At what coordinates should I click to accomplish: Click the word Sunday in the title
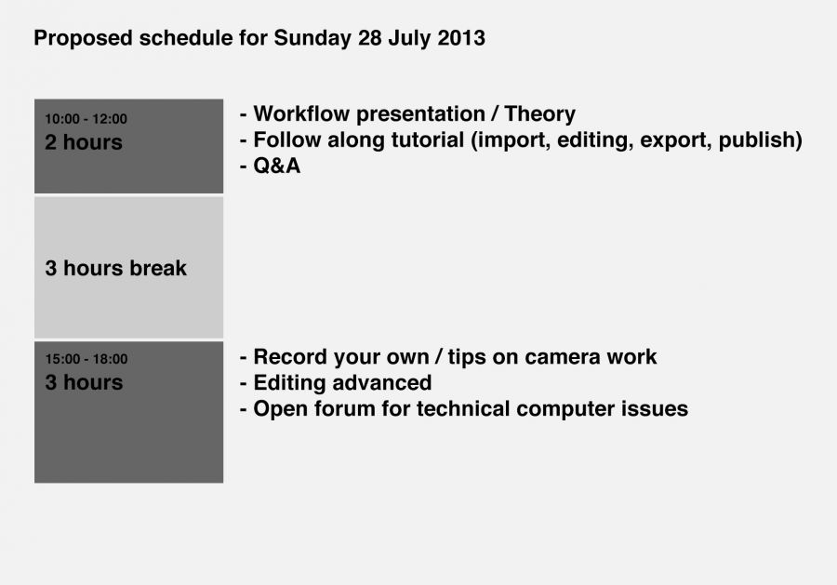point(312,39)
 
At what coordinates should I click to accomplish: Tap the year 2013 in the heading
point(461,38)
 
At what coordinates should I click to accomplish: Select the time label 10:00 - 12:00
point(86,118)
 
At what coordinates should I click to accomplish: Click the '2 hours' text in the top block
point(84,142)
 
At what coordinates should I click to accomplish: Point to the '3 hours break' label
point(116,268)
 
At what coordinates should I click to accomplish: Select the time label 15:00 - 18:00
point(86,359)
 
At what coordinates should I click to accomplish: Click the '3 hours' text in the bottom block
point(84,382)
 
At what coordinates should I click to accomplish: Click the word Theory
point(539,114)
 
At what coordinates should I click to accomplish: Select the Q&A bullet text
point(276,166)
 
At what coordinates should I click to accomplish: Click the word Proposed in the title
point(84,39)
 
